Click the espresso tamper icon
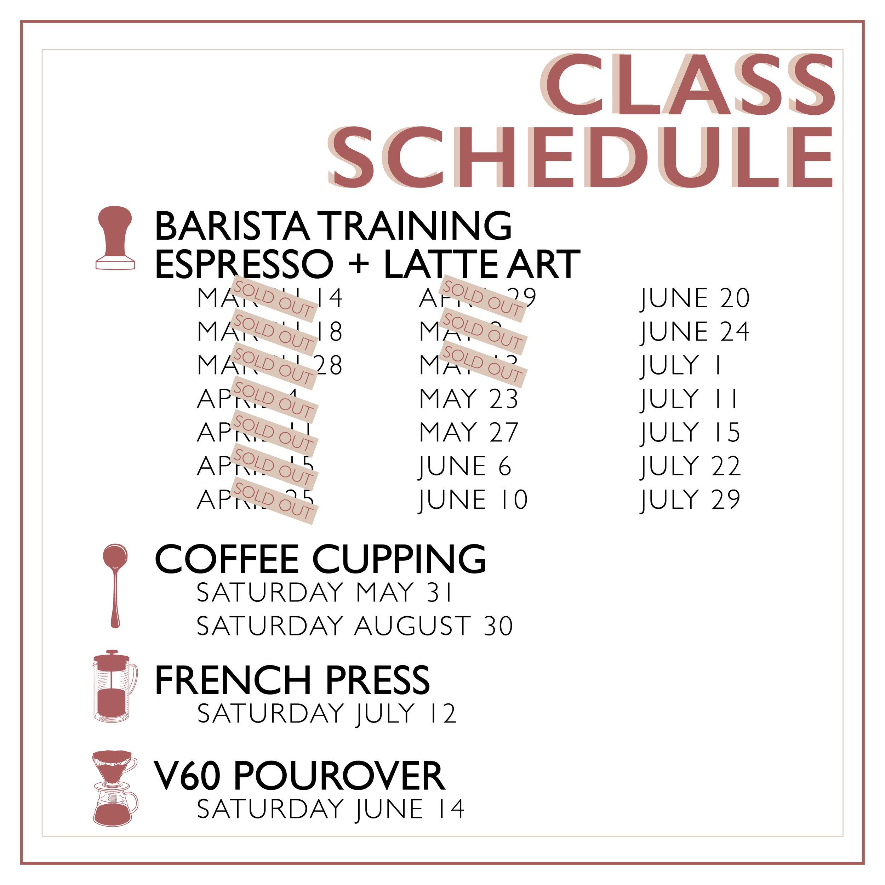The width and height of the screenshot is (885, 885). pyautogui.click(x=115, y=238)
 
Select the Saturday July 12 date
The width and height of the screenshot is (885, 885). pyautogui.click(x=327, y=714)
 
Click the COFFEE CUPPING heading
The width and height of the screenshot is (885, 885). pyautogui.click(x=320, y=559)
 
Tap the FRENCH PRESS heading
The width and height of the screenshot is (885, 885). pyautogui.click(x=292, y=680)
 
